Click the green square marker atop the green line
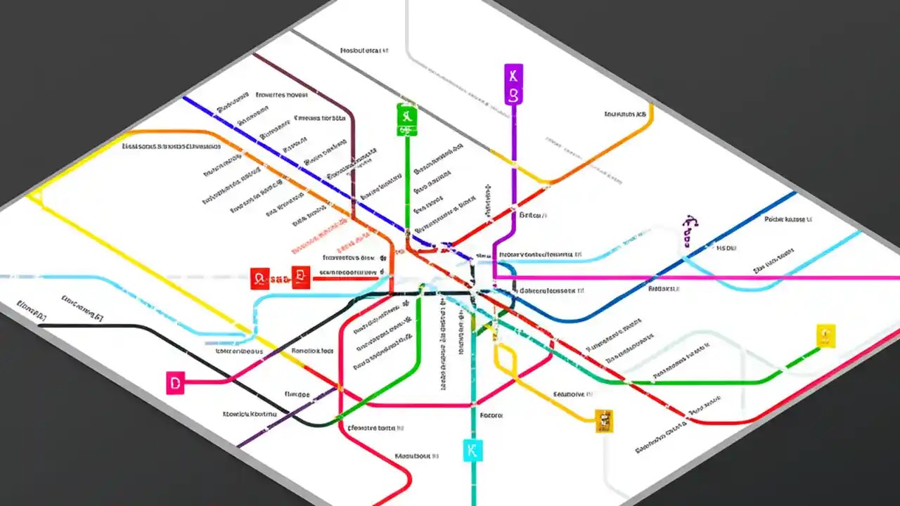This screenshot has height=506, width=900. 407,119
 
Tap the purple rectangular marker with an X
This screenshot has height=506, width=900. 514,84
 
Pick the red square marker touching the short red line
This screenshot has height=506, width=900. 301,277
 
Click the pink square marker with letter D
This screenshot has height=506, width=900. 175,383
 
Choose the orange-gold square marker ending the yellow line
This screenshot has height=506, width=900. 603,420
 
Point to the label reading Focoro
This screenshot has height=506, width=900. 491,415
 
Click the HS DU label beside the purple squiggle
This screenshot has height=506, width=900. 726,248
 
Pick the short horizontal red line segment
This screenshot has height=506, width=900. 345,278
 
